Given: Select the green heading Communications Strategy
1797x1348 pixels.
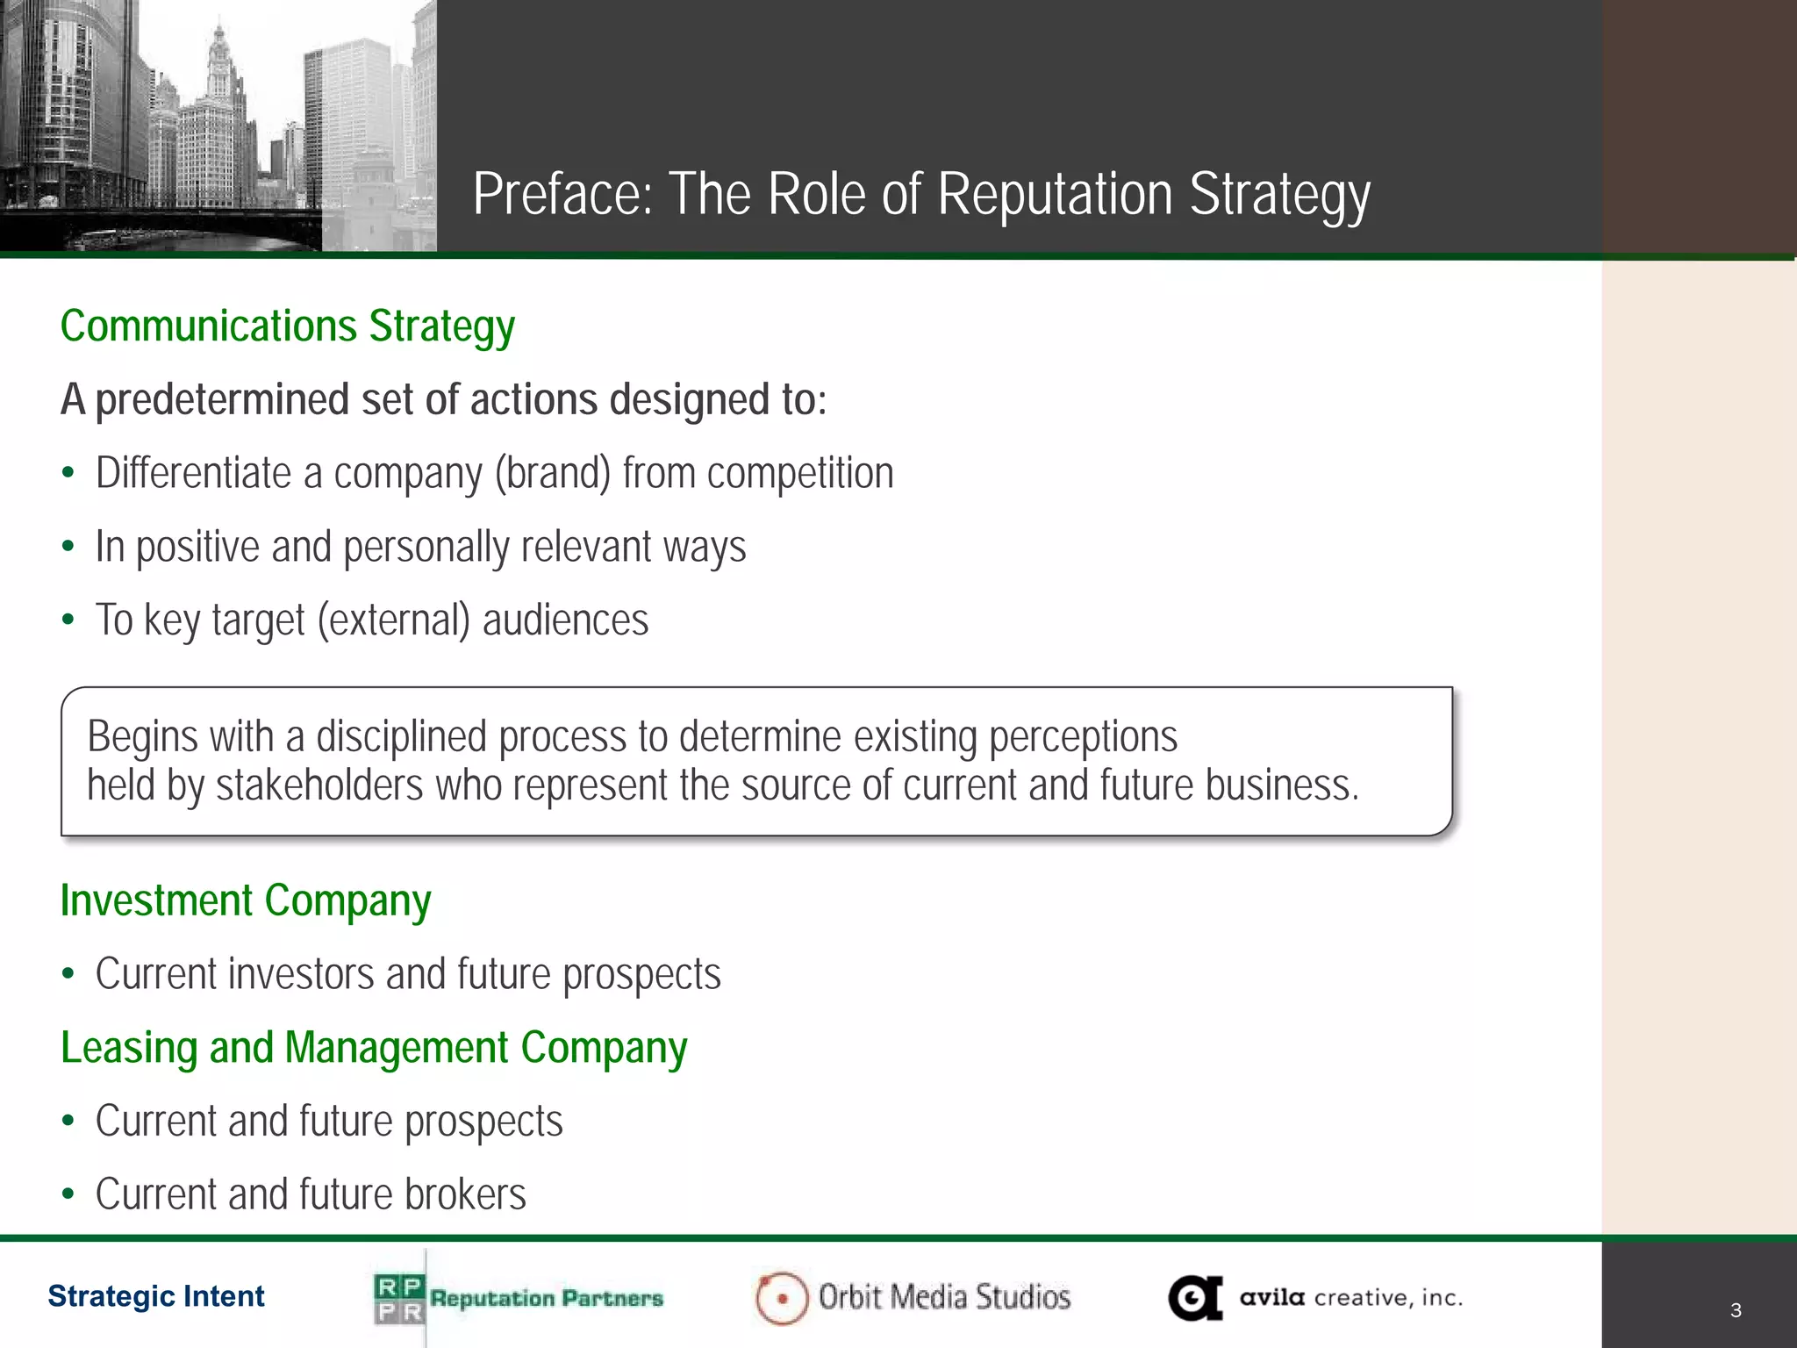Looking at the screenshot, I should click(287, 326).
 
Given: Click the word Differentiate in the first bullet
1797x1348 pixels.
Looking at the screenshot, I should click(193, 473).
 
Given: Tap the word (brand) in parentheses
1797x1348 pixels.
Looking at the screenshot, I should click(553, 473).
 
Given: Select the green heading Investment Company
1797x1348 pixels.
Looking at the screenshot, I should click(246, 901).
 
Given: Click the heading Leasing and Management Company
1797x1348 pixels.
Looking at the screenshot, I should click(374, 1048).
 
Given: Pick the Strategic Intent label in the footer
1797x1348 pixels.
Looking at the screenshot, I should click(156, 1296).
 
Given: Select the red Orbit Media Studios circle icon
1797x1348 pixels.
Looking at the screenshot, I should click(781, 1298).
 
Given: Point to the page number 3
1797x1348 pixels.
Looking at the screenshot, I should click(1736, 1310).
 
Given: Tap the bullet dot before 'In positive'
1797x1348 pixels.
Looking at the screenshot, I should click(68, 547).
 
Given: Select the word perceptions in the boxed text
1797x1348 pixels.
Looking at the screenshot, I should click(1083, 737).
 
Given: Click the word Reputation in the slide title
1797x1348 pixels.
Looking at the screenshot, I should click(1056, 194).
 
